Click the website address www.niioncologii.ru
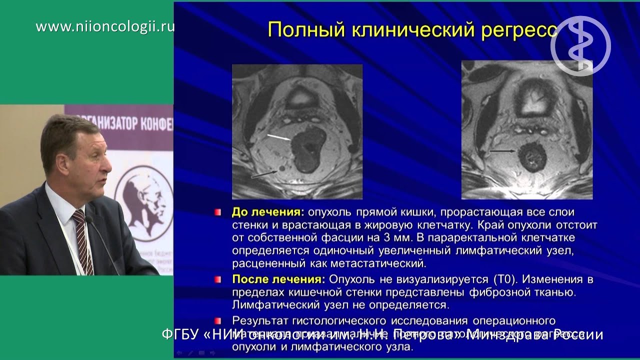pos(105,26)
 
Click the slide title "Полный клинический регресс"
pos(412,29)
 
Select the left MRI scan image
pos(297,131)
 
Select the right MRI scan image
pos(526,130)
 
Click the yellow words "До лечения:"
pos(267,212)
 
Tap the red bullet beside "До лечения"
pos(217,212)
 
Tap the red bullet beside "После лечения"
pos(217,278)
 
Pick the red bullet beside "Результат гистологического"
pos(217,320)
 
